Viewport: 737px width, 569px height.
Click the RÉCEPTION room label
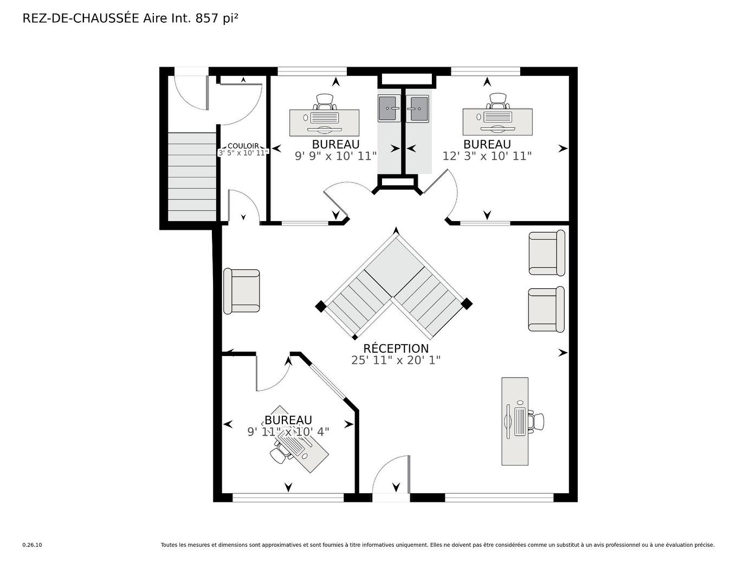(x=396, y=348)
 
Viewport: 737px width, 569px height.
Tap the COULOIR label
(x=243, y=146)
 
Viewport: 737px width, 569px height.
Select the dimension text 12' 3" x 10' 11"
(x=487, y=156)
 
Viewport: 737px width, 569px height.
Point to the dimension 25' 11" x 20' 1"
(x=396, y=360)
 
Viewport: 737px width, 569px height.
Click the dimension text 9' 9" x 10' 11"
(x=336, y=156)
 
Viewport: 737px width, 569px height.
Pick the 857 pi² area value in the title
(x=217, y=18)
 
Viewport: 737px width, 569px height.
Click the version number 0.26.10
(x=32, y=545)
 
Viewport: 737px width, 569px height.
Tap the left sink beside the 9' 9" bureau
(x=389, y=108)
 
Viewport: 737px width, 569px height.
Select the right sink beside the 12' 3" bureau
(x=417, y=108)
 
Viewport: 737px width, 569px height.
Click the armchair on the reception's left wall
(x=242, y=291)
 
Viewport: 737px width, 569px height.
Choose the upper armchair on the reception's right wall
(x=547, y=253)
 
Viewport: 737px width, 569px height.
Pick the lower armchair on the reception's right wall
(x=546, y=309)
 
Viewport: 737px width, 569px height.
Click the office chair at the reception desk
(x=536, y=421)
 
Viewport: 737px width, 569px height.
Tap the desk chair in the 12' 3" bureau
(x=497, y=101)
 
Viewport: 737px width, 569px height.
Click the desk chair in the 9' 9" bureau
(x=325, y=102)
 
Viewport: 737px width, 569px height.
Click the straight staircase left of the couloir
(x=192, y=177)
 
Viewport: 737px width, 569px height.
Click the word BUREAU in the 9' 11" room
(x=288, y=420)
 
